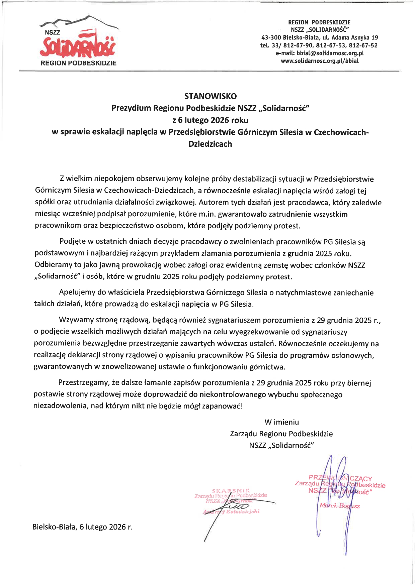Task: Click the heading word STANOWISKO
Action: click(x=210, y=96)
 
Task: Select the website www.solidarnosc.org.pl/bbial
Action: click(x=320, y=61)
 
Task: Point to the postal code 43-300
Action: click(x=271, y=38)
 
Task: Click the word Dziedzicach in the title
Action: click(x=210, y=144)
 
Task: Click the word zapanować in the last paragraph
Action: click(x=226, y=406)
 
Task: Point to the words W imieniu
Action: click(x=281, y=422)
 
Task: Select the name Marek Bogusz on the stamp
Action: click(x=339, y=506)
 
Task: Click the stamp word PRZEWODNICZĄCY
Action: click(x=340, y=478)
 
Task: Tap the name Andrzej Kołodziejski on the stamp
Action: click(x=231, y=511)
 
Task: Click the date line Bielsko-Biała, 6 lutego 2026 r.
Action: click(x=82, y=527)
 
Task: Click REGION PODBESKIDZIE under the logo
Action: click(x=78, y=63)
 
